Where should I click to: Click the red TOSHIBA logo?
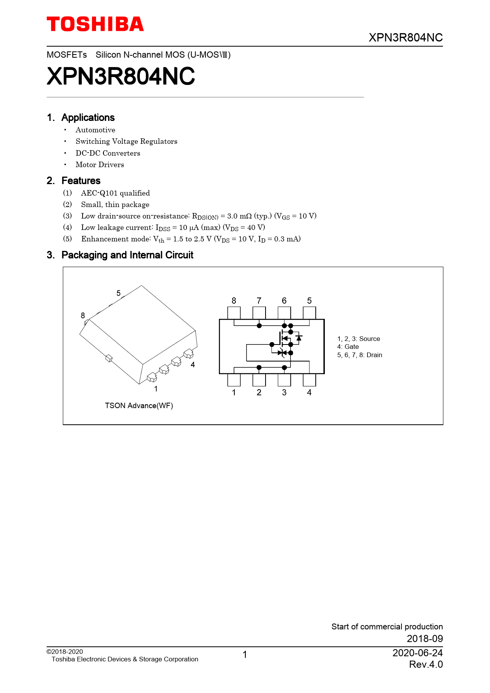coord(95,24)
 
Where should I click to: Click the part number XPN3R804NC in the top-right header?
coord(405,38)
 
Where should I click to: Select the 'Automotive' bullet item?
coord(95,130)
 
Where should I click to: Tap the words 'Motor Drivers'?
coord(100,165)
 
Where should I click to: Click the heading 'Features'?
coord(81,181)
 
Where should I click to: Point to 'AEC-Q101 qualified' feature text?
coord(115,193)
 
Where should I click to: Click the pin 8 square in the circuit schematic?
coord(234,313)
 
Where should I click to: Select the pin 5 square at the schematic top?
coord(309,313)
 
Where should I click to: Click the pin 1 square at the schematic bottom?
coord(234,380)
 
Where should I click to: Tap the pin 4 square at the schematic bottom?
coord(309,380)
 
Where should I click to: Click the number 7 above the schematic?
coord(259,301)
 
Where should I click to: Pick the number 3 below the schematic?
coord(284,392)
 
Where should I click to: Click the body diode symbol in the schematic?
coord(299,338)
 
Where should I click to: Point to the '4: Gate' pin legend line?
coord(348,347)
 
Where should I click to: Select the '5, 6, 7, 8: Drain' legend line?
coord(360,355)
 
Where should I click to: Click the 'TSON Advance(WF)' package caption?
coord(139,406)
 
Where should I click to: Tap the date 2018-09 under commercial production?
coord(425,638)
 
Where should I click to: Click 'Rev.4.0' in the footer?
coord(426,665)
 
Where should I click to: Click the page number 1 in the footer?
coord(245,655)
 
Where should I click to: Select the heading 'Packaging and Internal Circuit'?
coord(127,255)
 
